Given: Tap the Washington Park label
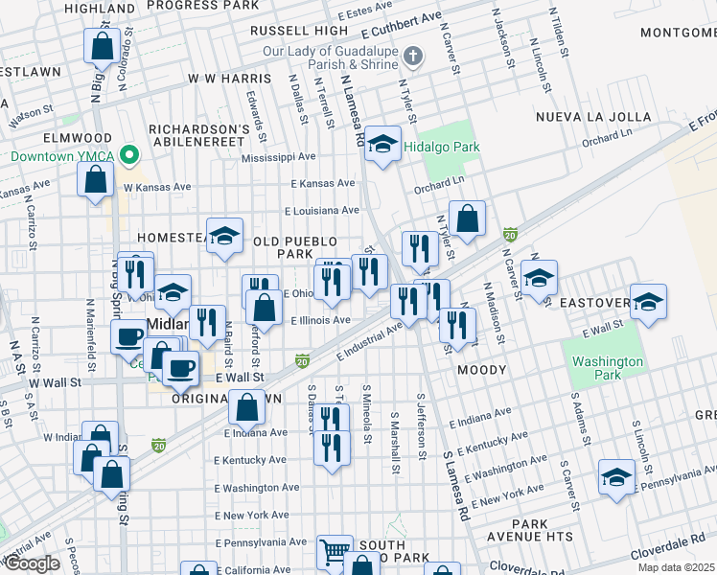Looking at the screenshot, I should (608, 368).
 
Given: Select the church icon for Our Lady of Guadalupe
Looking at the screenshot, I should (413, 55).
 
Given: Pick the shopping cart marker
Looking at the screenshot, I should (334, 551).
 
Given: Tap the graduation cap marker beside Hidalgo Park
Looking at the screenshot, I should (382, 145).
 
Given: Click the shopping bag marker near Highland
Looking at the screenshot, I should (101, 45).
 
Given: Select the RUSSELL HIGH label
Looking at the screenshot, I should (299, 31).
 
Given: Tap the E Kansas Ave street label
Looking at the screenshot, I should (321, 183).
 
